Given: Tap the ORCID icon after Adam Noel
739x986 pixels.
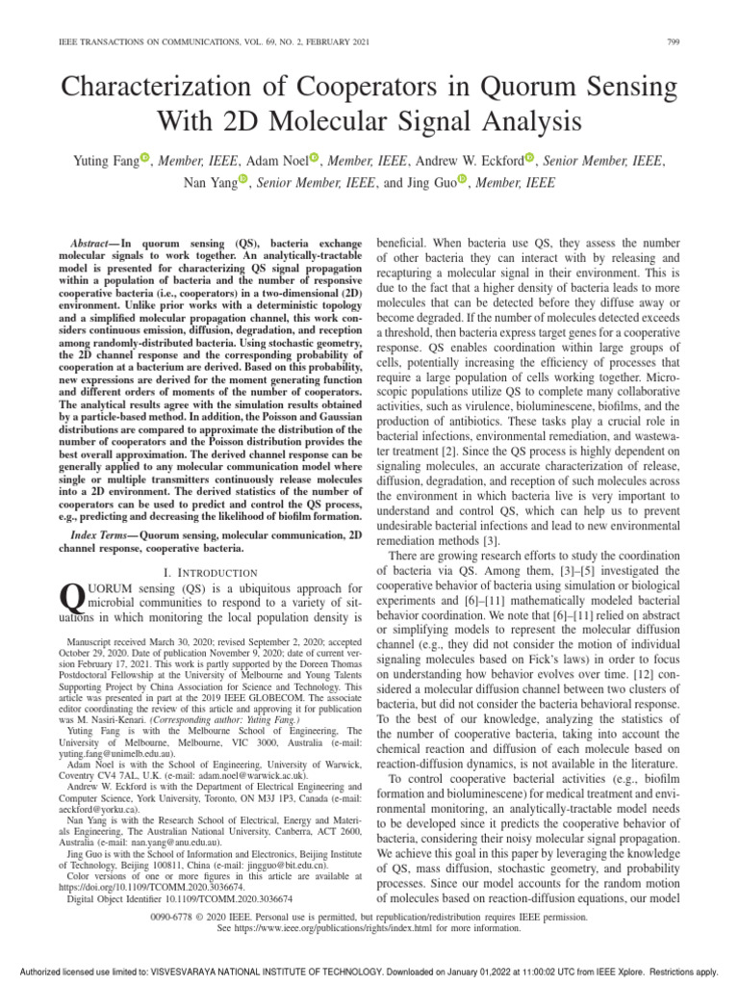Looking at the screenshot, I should coord(316,156).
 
